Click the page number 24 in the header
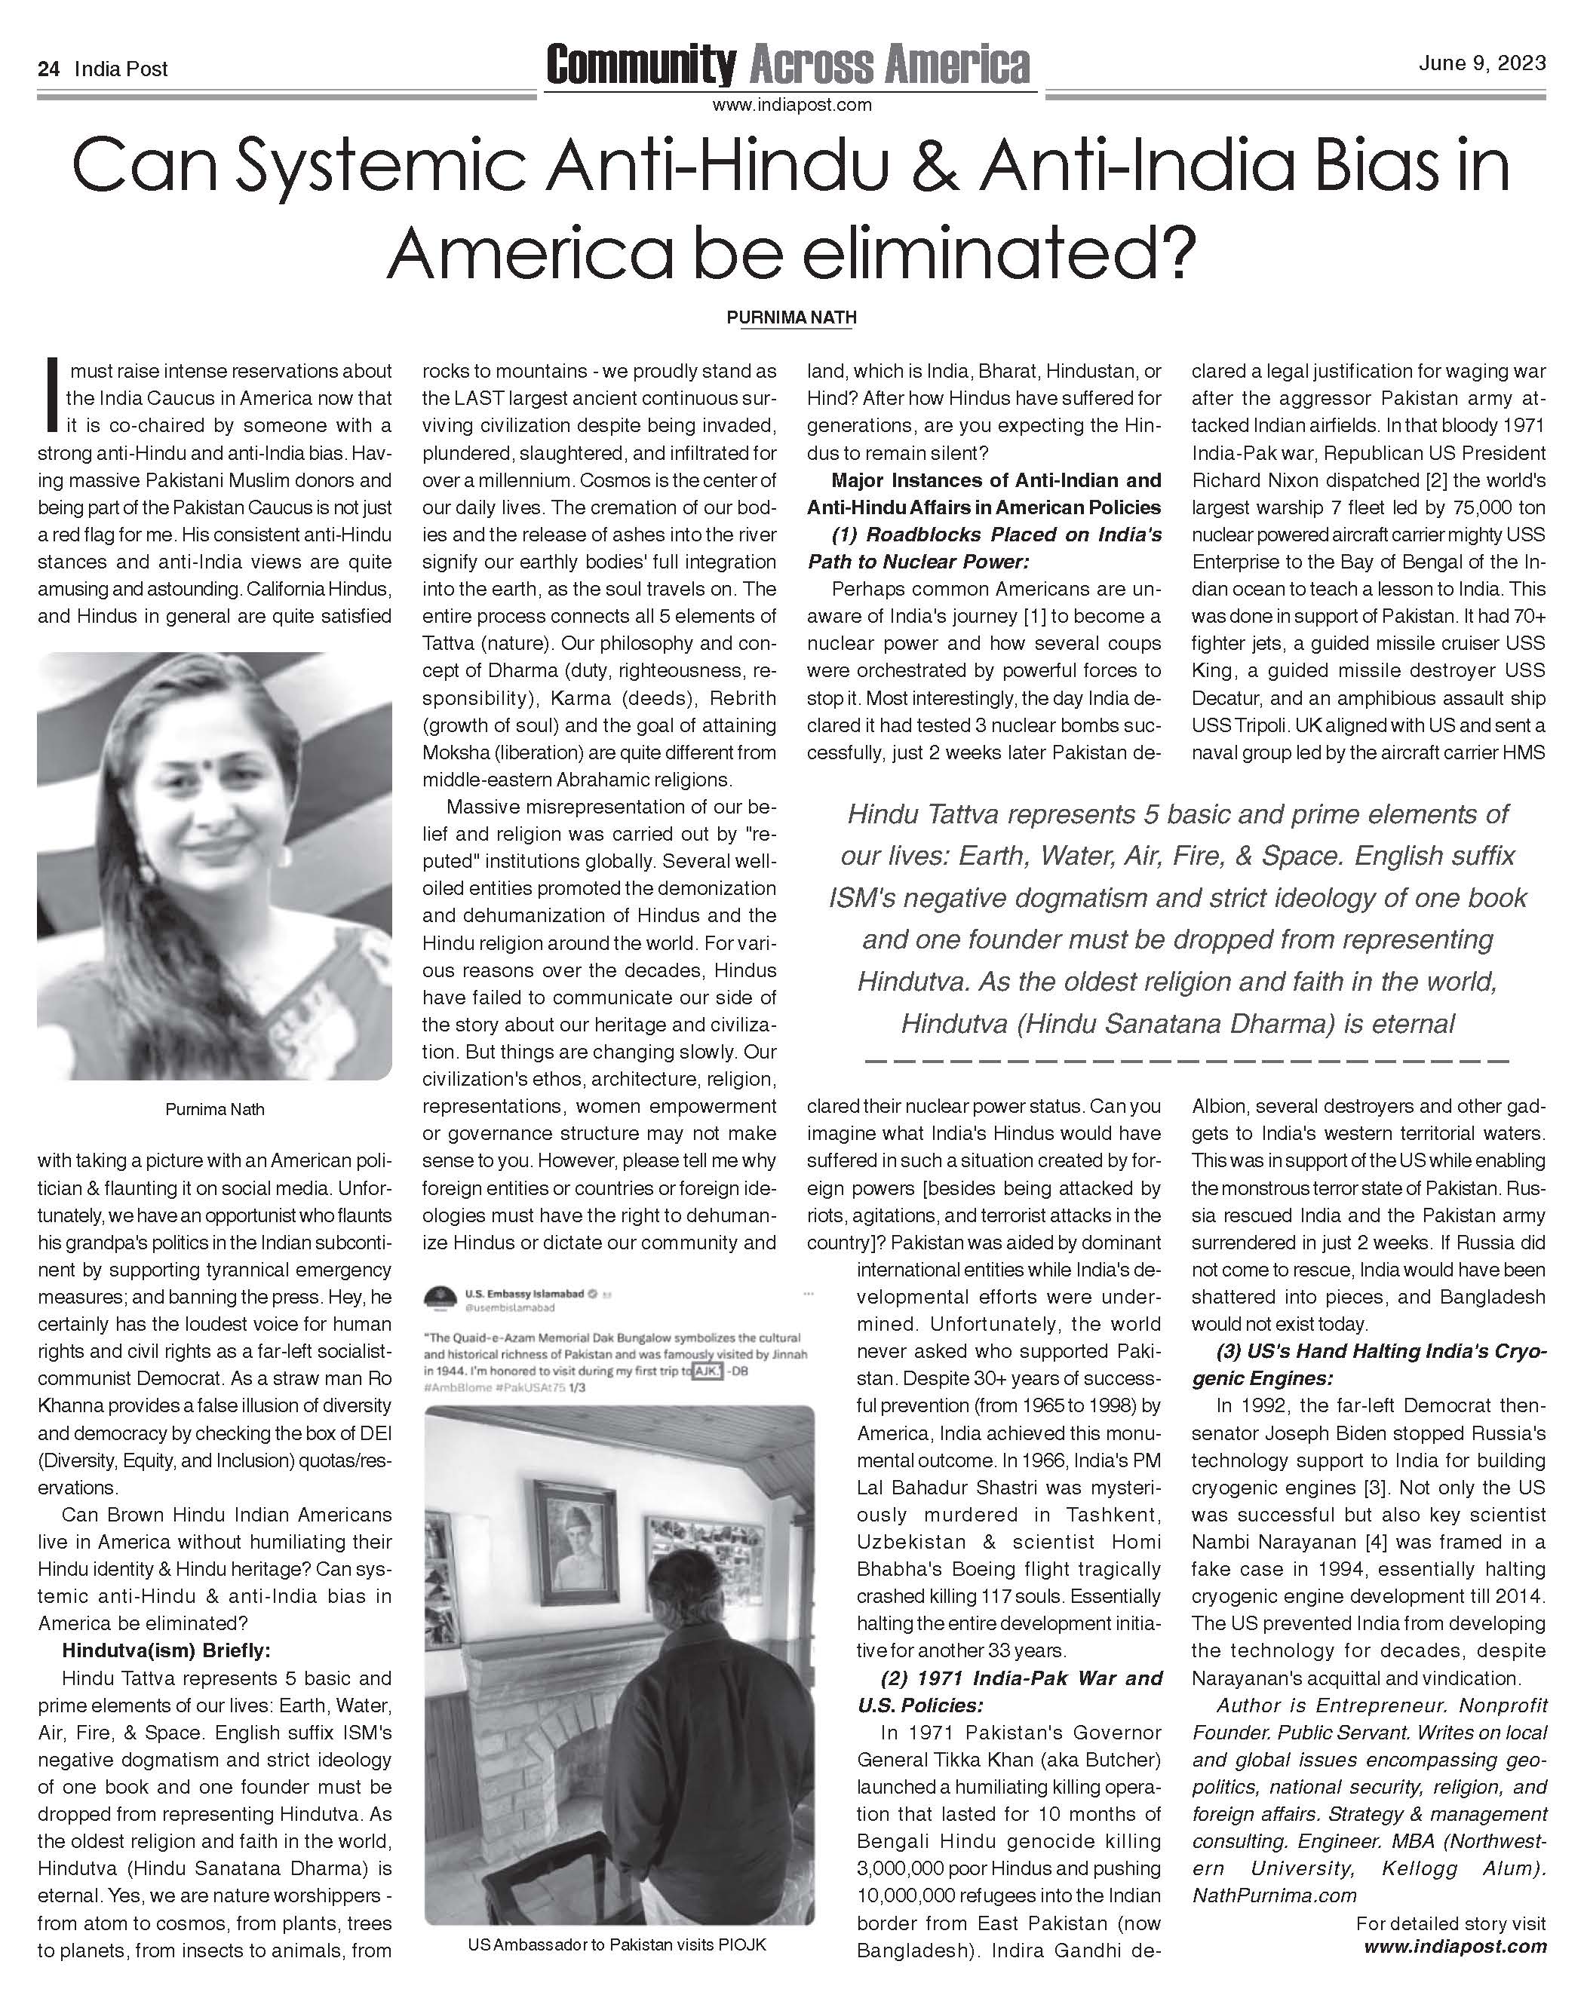click(48, 69)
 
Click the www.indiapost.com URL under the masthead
click(791, 105)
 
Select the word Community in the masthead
click(641, 65)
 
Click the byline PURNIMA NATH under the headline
click(791, 317)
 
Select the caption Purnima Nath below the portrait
click(214, 1108)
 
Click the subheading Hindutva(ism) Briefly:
click(166, 1650)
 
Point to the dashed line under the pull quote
click(1187, 1059)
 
